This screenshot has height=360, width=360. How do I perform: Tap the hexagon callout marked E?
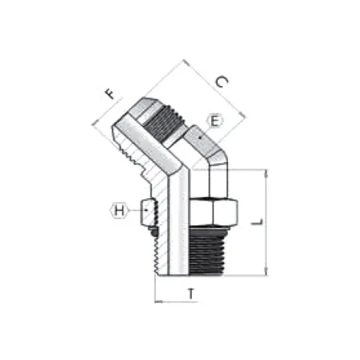(214, 122)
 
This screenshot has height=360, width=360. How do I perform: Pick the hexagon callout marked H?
(118, 210)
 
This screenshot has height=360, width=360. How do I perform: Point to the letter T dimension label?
(190, 294)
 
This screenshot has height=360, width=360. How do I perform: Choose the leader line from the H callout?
(133, 211)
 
